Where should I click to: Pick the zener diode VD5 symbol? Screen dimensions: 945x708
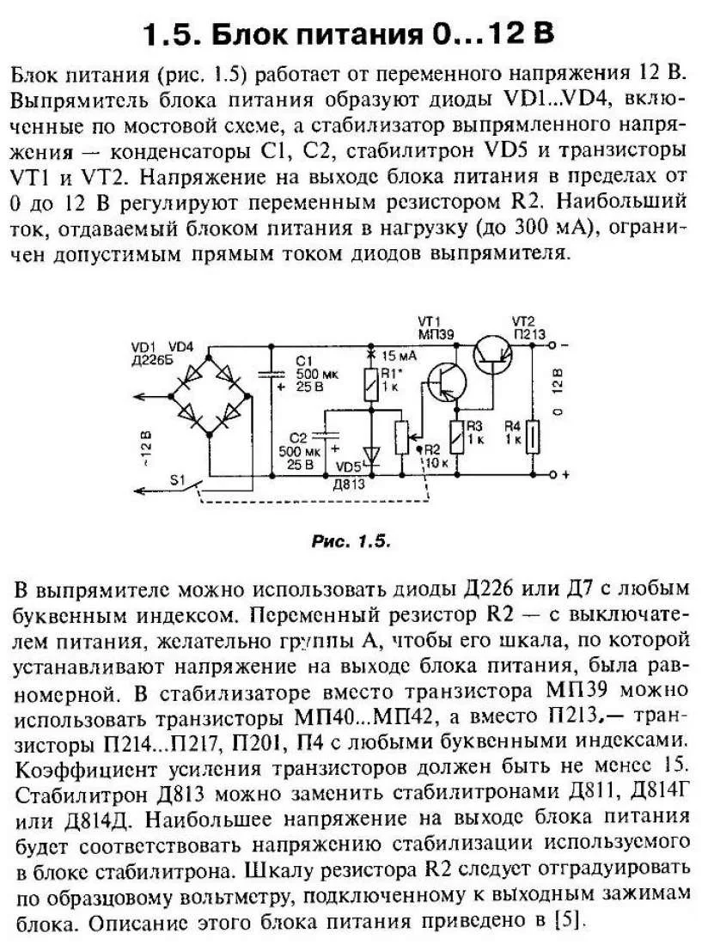click(x=371, y=453)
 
